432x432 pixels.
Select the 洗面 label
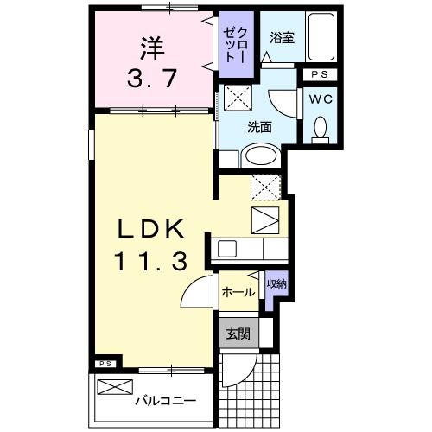[x=260, y=126]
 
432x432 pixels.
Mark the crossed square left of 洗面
[x=236, y=96]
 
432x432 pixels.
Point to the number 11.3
[x=149, y=262]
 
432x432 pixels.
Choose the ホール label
[x=238, y=292]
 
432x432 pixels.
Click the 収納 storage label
[x=276, y=284]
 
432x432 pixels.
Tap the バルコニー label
[x=164, y=401]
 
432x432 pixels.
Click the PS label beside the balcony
[x=105, y=364]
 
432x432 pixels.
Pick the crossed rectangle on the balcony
[x=117, y=386]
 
